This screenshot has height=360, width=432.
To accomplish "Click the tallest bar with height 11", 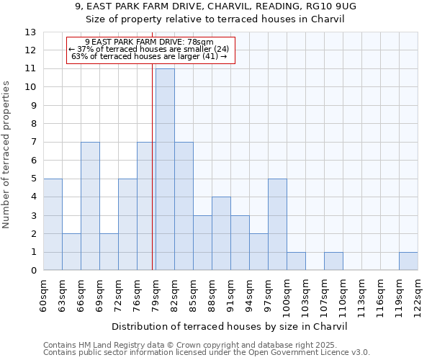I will click(x=165, y=169).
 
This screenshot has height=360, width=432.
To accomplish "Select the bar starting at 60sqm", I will click(x=53, y=225).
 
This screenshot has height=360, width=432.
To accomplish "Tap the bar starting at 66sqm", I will click(x=90, y=206).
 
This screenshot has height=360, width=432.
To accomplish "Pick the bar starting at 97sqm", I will click(x=277, y=225).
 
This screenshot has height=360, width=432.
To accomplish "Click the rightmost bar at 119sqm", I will click(x=408, y=261).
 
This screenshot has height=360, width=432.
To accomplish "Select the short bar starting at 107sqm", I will click(x=333, y=261).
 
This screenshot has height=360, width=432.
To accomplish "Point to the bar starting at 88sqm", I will click(x=221, y=234).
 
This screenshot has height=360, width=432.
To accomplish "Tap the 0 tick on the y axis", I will click(x=33, y=271).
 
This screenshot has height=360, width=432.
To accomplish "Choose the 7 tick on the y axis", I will click(x=33, y=142).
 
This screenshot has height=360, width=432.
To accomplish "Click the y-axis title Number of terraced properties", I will click(x=7, y=154).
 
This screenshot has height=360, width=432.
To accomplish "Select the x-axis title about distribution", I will click(x=230, y=326).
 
